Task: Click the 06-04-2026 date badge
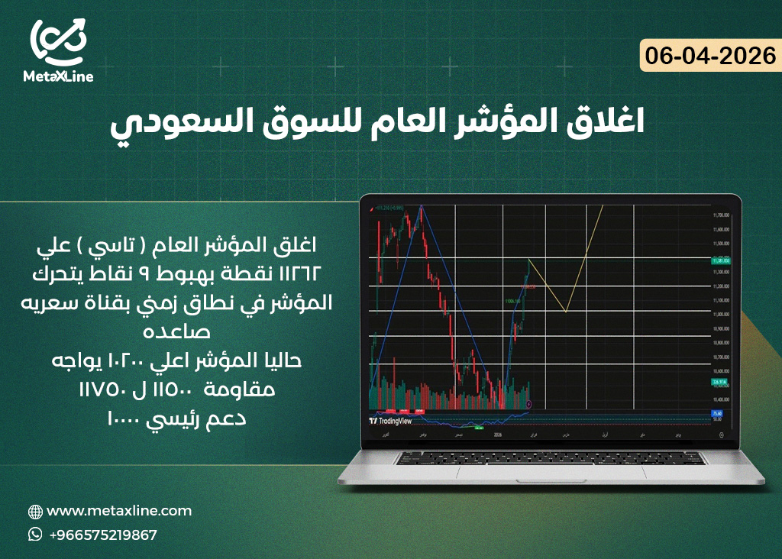tap(709, 56)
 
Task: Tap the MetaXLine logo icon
tap(58, 40)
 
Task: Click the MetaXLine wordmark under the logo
tap(58, 76)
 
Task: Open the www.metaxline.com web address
tap(119, 511)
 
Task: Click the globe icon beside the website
tap(35, 512)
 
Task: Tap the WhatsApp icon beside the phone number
tap(35, 535)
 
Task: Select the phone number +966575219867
tap(103, 535)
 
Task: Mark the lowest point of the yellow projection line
tap(565, 311)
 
